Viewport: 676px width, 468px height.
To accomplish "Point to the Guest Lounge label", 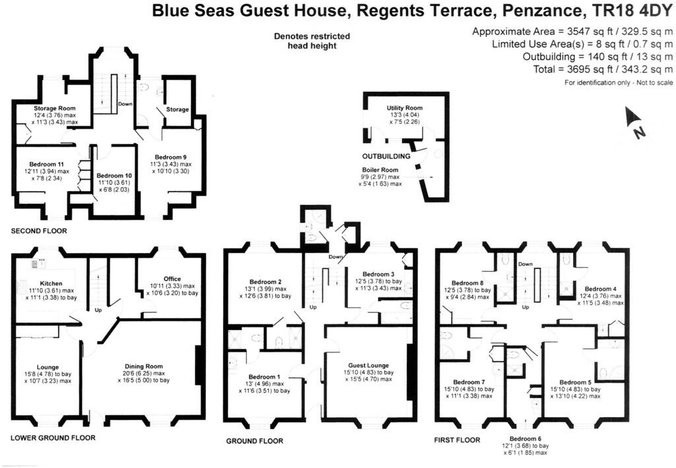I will tap(368, 365).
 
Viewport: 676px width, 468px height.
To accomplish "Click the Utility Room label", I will tap(404, 108).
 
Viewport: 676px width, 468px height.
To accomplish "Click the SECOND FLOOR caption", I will tap(39, 231).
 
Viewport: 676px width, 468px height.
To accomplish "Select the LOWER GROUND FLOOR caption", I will tap(53, 438).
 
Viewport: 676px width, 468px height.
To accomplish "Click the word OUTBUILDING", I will tap(386, 157).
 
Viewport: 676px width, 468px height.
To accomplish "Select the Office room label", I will tap(172, 279).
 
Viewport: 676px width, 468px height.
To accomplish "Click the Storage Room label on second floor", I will tap(54, 108).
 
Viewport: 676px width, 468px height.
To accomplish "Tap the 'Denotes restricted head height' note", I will tap(312, 41).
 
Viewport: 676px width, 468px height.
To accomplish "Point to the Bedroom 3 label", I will tap(378, 274).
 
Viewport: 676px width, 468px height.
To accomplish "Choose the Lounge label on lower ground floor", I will tap(48, 367).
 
